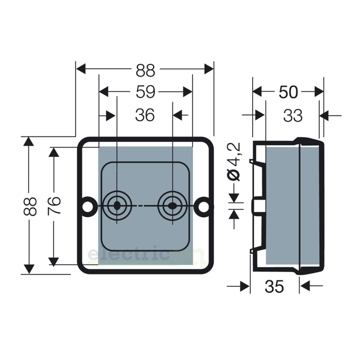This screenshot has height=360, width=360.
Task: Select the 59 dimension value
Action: pyautogui.click(x=146, y=92)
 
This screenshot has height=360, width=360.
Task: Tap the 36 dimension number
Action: pyautogui.click(x=145, y=115)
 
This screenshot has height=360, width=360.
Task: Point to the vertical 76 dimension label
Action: pyautogui.click(x=54, y=206)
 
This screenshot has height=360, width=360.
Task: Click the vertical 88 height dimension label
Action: pyautogui.click(x=30, y=206)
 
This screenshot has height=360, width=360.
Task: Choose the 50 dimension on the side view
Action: pyautogui.click(x=288, y=92)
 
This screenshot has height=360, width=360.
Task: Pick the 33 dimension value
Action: pyautogui.click(x=293, y=116)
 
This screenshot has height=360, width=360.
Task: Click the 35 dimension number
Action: pyautogui.click(x=274, y=286)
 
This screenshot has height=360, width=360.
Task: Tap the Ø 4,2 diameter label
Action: pyautogui.click(x=234, y=162)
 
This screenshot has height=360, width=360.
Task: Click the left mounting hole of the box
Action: pyautogui.click(x=88, y=206)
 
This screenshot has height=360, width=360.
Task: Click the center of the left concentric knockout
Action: pyautogui.click(x=117, y=206)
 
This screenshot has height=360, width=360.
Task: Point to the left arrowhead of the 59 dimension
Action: pyautogui.click(x=103, y=92)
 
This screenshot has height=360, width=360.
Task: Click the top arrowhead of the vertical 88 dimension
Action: pyautogui.click(x=29, y=141)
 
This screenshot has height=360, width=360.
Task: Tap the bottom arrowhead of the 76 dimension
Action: pyautogui.click(x=54, y=262)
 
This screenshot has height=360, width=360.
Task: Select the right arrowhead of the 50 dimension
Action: pyautogui.click(x=319, y=92)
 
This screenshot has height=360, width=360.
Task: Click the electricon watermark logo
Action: pyautogui.click(x=146, y=254)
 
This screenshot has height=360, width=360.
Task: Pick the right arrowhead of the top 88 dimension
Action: pyautogui.click(x=209, y=69)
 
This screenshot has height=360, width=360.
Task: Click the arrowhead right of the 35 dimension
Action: pyautogui.click(x=304, y=286)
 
